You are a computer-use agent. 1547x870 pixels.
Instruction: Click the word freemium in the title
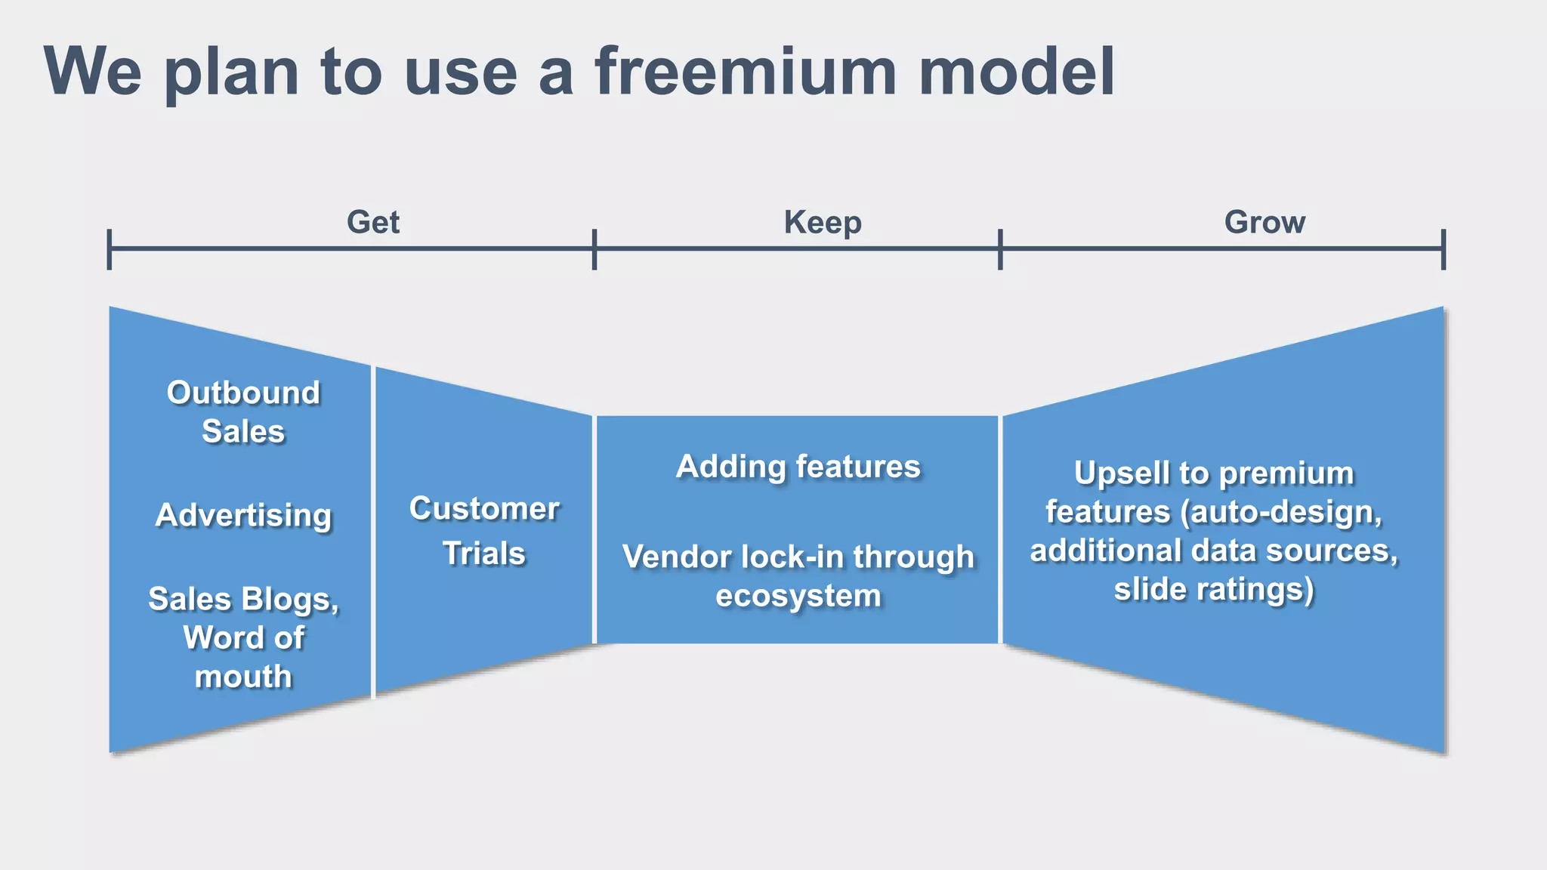pos(745,72)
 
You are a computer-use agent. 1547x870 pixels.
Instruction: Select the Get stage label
pos(373,222)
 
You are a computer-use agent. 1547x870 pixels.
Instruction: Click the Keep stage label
pos(823,222)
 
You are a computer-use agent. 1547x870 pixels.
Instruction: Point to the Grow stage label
pos(1264,222)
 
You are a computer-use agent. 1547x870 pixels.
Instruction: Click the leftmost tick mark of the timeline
pos(110,248)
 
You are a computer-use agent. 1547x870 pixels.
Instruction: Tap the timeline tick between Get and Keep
pos(594,248)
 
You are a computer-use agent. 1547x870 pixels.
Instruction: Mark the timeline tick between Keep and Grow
pos(1000,248)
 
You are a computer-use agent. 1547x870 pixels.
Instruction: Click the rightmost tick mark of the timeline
pos(1444,248)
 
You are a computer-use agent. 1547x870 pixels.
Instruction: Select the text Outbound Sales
pos(243,412)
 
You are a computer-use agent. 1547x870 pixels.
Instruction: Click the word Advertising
pos(243,515)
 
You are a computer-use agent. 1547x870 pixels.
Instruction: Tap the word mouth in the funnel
pos(243,676)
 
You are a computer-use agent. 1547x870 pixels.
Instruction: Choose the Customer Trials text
pos(484,530)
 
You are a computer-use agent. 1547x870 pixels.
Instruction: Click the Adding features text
pos(798,466)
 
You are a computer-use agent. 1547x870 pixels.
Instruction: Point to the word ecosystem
pos(798,595)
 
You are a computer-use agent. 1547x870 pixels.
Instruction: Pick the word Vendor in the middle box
pos(678,557)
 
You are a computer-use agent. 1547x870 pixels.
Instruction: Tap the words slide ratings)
pos(1214,588)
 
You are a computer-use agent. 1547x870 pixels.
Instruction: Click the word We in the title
pos(92,72)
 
